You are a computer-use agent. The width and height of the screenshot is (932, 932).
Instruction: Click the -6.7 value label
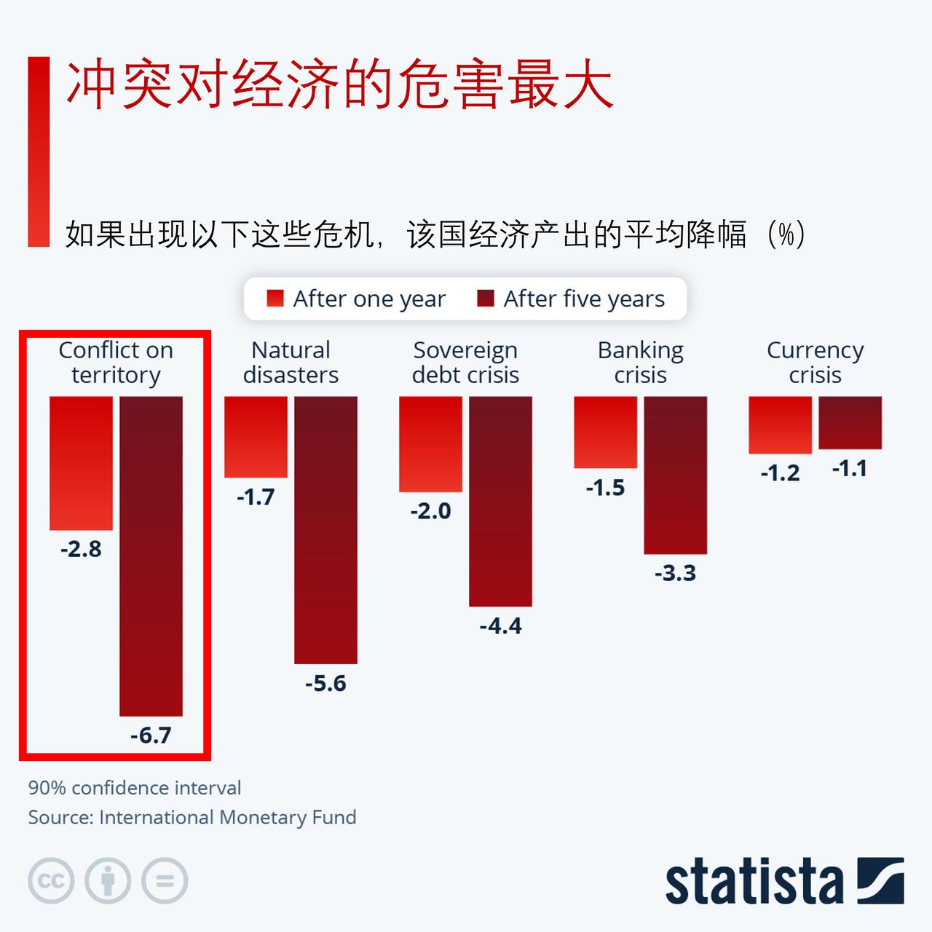pyautogui.click(x=151, y=735)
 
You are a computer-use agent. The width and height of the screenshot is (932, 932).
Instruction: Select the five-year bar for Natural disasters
pyautogui.click(x=325, y=529)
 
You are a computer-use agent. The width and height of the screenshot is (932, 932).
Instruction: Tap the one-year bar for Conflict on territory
pyautogui.click(x=81, y=463)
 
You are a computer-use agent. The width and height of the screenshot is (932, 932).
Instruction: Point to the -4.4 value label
pyautogui.click(x=500, y=626)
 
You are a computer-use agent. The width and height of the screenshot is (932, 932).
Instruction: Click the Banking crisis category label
pyautogui.click(x=640, y=363)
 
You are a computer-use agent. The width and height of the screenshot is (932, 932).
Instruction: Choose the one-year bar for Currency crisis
pyautogui.click(x=780, y=425)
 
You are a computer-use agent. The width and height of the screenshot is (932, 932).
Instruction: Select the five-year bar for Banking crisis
pyautogui.click(x=675, y=475)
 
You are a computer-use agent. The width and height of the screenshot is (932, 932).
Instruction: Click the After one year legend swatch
pyautogui.click(x=275, y=299)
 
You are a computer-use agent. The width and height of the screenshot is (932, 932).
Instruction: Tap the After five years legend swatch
pyautogui.click(x=486, y=299)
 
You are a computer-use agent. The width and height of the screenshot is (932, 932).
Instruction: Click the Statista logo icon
pyautogui.click(x=880, y=881)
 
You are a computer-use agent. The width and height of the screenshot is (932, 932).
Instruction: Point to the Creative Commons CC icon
pyautogui.click(x=51, y=881)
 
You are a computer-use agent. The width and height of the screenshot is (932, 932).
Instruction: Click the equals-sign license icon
pyautogui.click(x=165, y=881)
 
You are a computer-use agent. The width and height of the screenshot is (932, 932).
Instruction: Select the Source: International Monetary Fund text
pyautogui.click(x=192, y=817)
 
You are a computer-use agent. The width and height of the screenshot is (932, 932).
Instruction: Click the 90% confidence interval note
pyautogui.click(x=135, y=788)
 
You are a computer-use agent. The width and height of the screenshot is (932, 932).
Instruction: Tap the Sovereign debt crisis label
pyautogui.click(x=465, y=363)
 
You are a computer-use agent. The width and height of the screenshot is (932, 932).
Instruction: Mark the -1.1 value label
pyautogui.click(x=849, y=468)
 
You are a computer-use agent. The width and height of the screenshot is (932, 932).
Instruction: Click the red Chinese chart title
pyautogui.click(x=340, y=86)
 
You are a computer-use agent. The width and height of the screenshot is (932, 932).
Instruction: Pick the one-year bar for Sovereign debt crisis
pyautogui.click(x=430, y=444)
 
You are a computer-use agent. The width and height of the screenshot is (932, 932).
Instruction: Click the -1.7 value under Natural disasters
pyautogui.click(x=256, y=497)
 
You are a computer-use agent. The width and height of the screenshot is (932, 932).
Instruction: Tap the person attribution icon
pyautogui.click(x=108, y=881)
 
